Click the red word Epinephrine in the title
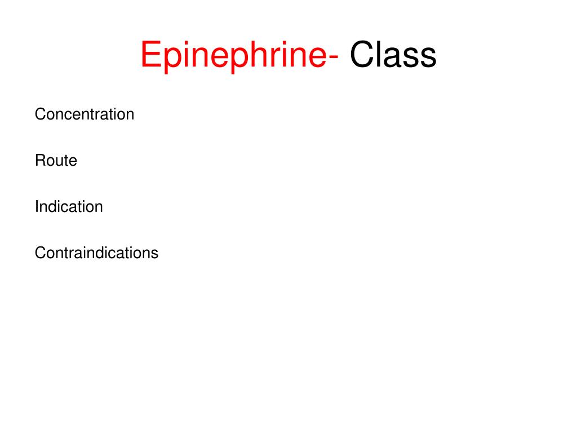(232, 56)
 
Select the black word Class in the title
(393, 56)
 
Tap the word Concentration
(85, 114)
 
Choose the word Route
(56, 161)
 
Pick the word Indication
(69, 207)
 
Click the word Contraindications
(96, 253)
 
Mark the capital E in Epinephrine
(150, 56)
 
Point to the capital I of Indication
(37, 207)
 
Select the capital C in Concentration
(40, 114)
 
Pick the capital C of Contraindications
(40, 253)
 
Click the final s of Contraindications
(155, 254)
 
